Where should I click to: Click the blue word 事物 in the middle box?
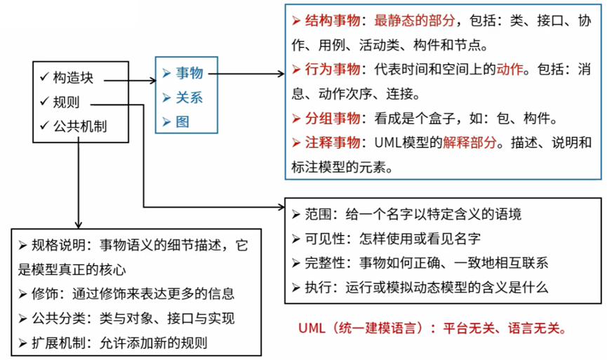(189, 73)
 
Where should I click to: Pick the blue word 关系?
(189, 97)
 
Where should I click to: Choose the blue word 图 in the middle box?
(182, 121)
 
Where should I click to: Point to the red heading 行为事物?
(331, 69)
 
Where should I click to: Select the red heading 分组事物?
(331, 117)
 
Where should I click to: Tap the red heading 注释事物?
(331, 142)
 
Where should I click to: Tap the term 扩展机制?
(59, 343)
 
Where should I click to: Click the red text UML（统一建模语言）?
(359, 328)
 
